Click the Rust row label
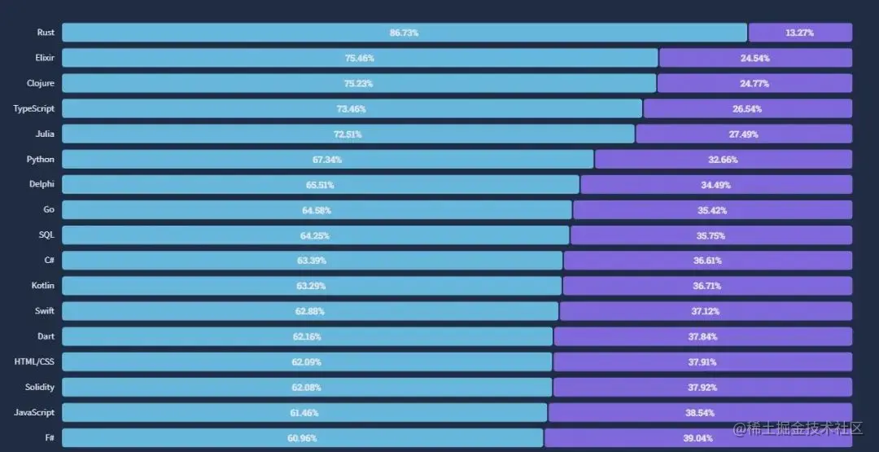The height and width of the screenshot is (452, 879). (46, 33)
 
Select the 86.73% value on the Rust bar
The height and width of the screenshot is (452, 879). (404, 33)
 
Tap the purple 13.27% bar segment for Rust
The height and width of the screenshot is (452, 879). (800, 33)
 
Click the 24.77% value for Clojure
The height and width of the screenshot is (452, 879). (754, 83)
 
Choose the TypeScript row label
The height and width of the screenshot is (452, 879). (34, 108)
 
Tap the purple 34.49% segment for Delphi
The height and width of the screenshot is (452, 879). (716, 185)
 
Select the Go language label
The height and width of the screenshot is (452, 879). (49, 210)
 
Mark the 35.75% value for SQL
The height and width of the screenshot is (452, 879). (711, 235)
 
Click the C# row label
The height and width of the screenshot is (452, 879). (49, 261)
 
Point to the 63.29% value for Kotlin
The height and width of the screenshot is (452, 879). (311, 286)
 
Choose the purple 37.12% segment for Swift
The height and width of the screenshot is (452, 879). (706, 311)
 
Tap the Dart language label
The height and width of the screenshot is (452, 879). (46, 336)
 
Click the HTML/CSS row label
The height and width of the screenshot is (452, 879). (35, 362)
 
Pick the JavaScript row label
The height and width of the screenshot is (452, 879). (34, 412)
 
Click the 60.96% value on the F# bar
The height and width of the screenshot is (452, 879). (302, 438)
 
